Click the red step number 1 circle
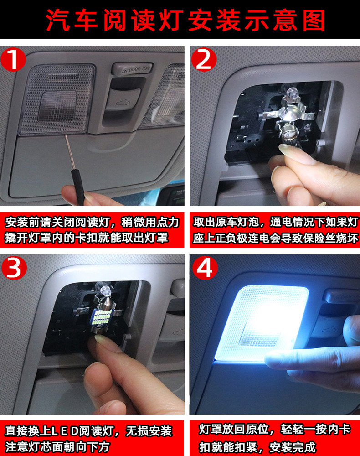(x=13, y=60)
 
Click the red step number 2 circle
(x=204, y=60)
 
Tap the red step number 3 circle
(x=14, y=268)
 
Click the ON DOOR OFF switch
(x=132, y=69)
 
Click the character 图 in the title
(x=314, y=20)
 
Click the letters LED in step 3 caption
(x=65, y=431)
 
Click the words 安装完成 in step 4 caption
(x=292, y=447)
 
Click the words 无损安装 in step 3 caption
(x=149, y=431)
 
